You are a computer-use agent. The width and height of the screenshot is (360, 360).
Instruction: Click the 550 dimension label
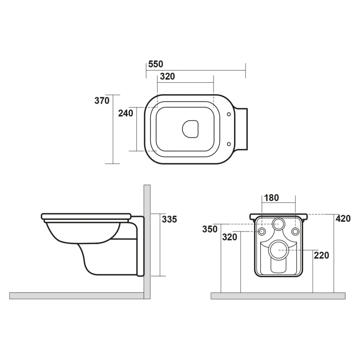[x=156, y=64]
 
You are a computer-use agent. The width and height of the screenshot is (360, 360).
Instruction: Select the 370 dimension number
[x=102, y=101]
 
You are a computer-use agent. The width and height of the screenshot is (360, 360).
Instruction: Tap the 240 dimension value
[x=126, y=113]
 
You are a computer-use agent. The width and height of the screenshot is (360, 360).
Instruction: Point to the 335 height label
[x=169, y=219]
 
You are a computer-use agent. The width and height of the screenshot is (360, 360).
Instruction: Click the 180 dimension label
[x=271, y=198]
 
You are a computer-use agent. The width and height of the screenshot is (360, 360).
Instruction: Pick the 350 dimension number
[x=210, y=229]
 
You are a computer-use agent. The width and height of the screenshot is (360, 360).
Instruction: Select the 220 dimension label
[x=322, y=255]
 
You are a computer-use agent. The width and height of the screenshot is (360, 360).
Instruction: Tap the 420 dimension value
[x=343, y=218]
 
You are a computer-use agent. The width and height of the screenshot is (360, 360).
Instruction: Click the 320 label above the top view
[x=167, y=76]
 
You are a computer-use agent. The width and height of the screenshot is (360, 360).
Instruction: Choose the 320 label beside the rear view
[x=230, y=237]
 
